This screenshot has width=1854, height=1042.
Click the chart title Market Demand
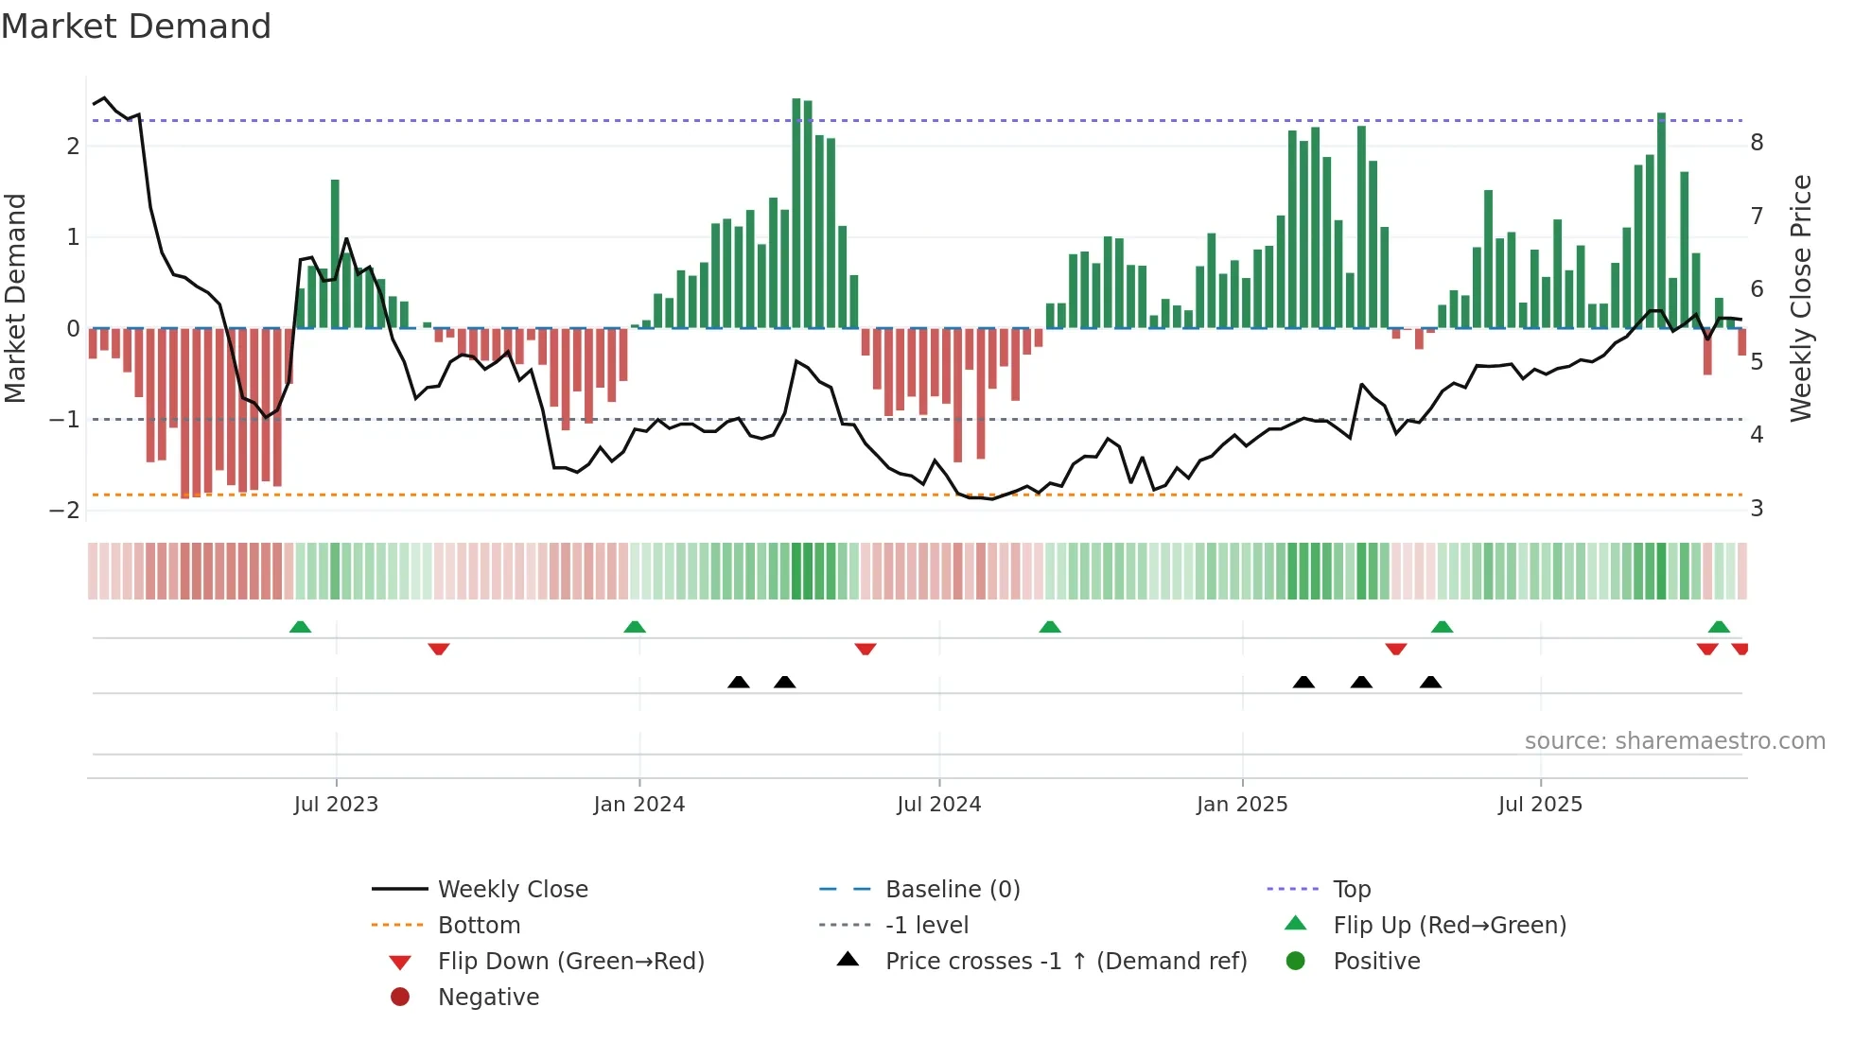[136, 26]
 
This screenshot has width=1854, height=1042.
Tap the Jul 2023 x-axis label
[336, 805]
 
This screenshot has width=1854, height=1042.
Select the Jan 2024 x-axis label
[638, 805]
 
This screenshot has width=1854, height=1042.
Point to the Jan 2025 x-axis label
[1241, 805]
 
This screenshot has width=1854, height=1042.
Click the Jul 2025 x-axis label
[1540, 805]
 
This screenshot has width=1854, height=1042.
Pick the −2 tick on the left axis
[64, 511]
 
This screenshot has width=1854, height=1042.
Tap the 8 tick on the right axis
[1757, 143]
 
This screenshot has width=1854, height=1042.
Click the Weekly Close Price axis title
[1801, 298]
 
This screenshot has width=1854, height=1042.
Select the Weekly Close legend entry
[512, 890]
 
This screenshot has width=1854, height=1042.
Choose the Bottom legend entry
[479, 926]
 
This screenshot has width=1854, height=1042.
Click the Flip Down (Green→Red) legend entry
[570, 962]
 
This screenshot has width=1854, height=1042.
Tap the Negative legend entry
[488, 998]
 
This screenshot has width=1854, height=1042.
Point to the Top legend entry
[1351, 890]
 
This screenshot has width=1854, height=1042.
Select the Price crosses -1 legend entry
[1065, 962]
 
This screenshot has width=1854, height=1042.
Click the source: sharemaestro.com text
[1674, 741]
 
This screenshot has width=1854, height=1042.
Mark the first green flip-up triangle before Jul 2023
[300, 627]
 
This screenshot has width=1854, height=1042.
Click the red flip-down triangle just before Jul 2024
[866, 649]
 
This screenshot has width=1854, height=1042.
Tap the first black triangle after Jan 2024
[739, 682]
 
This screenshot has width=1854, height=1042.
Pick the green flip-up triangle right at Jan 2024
[635, 627]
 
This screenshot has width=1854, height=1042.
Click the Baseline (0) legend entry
[952, 890]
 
